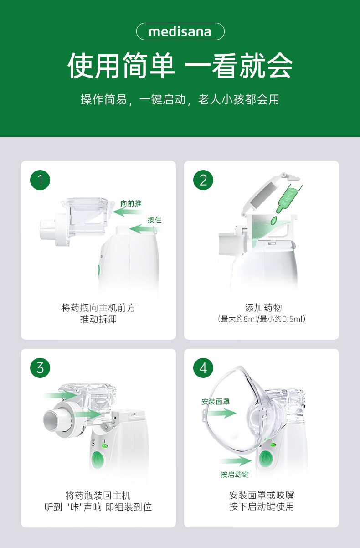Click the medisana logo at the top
click(x=180, y=32)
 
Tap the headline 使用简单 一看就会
click(x=180, y=66)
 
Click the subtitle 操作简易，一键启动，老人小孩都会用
click(x=180, y=99)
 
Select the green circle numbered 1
click(x=40, y=181)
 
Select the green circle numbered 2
click(x=203, y=181)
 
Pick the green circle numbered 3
click(x=40, y=368)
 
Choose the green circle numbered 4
click(x=203, y=368)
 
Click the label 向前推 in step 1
click(x=131, y=203)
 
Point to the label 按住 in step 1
click(x=154, y=220)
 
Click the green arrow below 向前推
click(x=127, y=212)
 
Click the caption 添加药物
click(x=261, y=308)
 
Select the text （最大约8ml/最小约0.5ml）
click(x=261, y=319)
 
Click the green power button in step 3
click(x=98, y=459)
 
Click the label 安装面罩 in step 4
click(x=216, y=402)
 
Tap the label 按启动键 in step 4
click(x=235, y=475)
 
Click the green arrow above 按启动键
click(x=235, y=461)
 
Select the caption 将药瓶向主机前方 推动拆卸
click(x=98, y=314)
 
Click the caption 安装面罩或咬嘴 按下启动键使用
click(x=261, y=501)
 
